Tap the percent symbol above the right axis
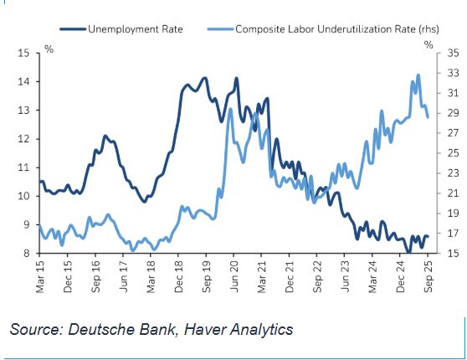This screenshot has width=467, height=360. [429, 43]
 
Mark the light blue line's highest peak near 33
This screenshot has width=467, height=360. [417, 75]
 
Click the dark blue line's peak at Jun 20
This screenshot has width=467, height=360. [236, 79]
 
